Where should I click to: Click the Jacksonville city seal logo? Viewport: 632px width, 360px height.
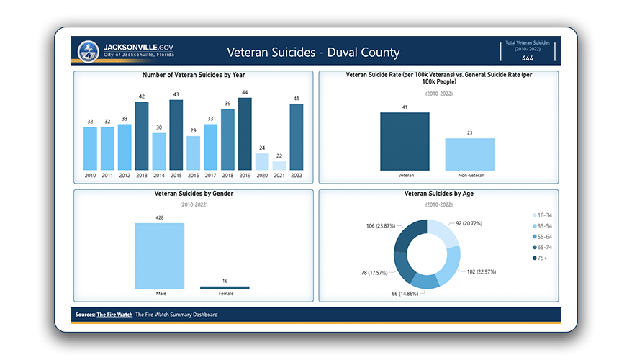coord(89,52)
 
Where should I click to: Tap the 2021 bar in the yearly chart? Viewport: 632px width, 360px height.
coord(279,165)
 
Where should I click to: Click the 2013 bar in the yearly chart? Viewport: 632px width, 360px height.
coord(142,136)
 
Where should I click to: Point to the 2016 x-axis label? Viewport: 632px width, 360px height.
coord(194,175)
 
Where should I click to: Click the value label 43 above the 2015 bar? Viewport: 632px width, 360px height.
coord(176,94)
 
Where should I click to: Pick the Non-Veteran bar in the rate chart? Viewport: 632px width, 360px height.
coord(469,153)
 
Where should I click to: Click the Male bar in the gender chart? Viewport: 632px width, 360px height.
coord(159,256)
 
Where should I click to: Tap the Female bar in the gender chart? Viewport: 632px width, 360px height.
coord(224,287)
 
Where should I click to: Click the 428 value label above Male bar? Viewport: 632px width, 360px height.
coord(159,217)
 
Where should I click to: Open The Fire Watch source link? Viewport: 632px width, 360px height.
coord(114,315)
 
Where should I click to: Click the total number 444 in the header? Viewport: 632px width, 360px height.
coord(528,58)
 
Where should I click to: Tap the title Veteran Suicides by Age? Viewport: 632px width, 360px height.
coord(438,194)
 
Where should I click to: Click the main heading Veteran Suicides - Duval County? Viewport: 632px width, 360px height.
coord(313,53)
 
